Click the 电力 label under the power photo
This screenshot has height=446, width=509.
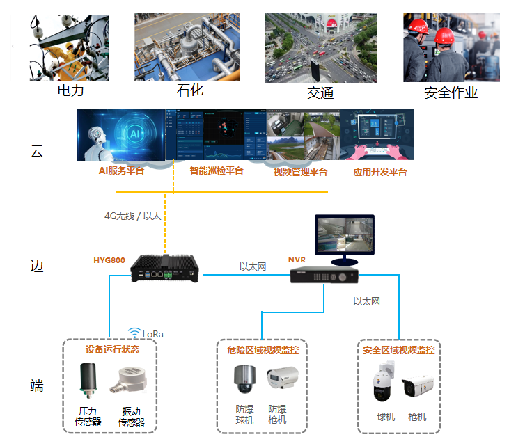pos(70,90)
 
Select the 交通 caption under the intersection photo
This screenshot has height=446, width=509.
pos(320,93)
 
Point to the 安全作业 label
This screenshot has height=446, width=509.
pos(451,93)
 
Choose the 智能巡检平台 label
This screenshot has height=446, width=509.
pos(217,170)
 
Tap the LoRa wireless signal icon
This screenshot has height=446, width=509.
pos(134,333)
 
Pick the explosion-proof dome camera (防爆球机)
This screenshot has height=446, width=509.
pos(244,381)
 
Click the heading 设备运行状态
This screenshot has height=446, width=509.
pos(112,349)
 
